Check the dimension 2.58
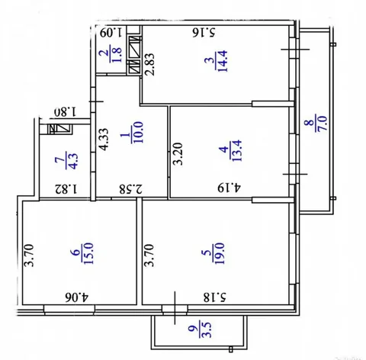[127, 186]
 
